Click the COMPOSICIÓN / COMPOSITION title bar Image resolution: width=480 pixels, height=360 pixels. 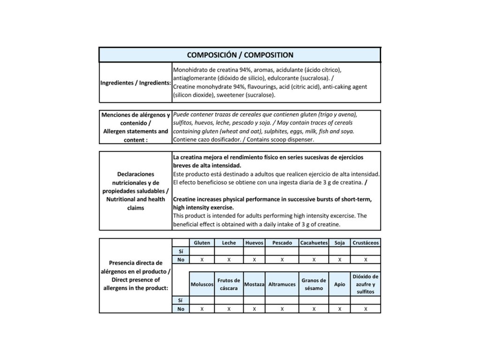(x=240, y=55)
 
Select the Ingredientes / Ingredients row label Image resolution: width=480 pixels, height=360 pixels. (x=135, y=83)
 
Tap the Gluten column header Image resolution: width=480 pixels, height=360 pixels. (x=202, y=243)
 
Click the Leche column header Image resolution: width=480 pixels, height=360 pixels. (x=229, y=243)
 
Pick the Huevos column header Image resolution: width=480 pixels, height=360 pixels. (x=254, y=243)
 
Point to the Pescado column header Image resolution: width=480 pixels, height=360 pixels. (x=282, y=243)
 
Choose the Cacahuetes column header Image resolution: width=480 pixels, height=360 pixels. (x=314, y=243)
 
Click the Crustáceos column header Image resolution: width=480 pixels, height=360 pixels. (x=366, y=243)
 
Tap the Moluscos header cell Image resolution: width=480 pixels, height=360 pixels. (x=202, y=285)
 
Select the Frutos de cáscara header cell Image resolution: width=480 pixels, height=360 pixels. (x=229, y=285)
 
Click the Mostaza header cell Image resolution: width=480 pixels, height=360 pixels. (x=254, y=285)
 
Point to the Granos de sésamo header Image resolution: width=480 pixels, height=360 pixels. (x=314, y=285)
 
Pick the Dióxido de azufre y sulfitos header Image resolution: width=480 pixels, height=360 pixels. (x=366, y=284)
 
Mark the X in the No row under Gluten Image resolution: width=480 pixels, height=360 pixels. (x=202, y=259)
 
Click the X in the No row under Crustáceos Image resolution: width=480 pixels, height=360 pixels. (x=366, y=259)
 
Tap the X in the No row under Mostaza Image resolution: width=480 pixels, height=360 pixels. (x=254, y=309)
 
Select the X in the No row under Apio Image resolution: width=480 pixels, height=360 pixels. (x=339, y=309)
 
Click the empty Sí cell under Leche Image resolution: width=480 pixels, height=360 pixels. (x=229, y=251)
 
